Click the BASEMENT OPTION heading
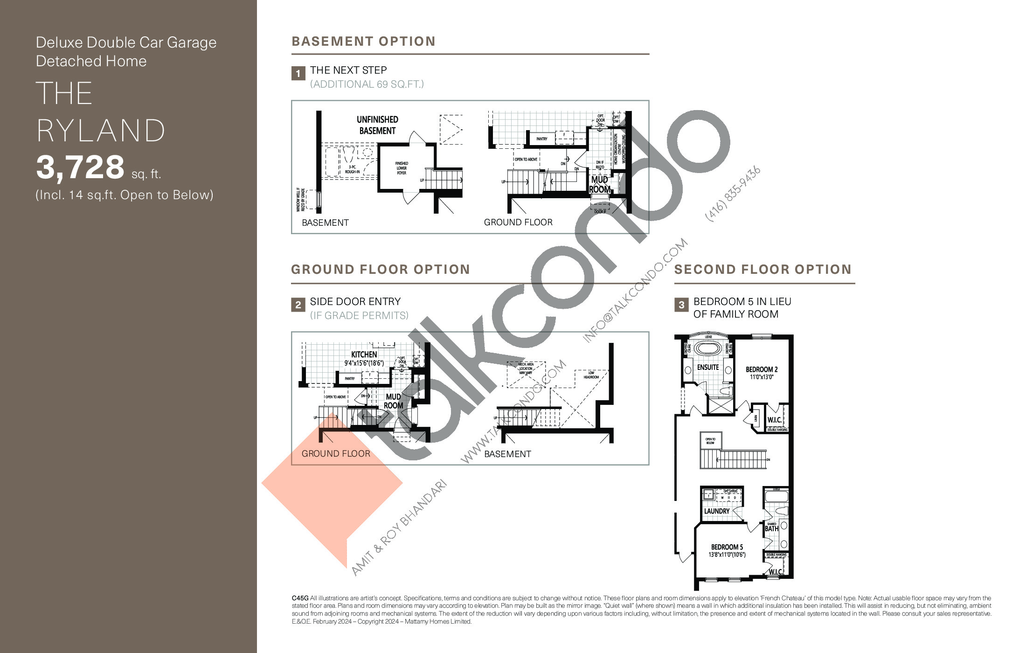tap(363, 42)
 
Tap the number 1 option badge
tap(298, 74)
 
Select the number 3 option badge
tap(681, 305)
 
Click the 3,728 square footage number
tap(80, 167)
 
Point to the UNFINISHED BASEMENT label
tap(377, 125)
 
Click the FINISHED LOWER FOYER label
tap(402, 168)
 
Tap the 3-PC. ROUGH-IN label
tap(352, 169)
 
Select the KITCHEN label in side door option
tap(364, 354)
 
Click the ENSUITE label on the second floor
tap(707, 368)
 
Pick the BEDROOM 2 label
tap(761, 369)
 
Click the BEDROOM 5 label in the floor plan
tap(727, 547)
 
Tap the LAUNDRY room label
tap(716, 511)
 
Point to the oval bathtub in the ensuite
tap(708, 349)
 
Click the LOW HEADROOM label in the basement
tap(591, 375)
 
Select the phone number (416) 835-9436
tap(733, 194)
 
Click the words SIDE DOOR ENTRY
tap(355, 302)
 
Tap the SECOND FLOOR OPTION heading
tap(763, 270)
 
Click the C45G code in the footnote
tap(300, 598)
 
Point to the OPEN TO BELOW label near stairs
tap(710, 441)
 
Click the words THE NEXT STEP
tap(348, 70)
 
